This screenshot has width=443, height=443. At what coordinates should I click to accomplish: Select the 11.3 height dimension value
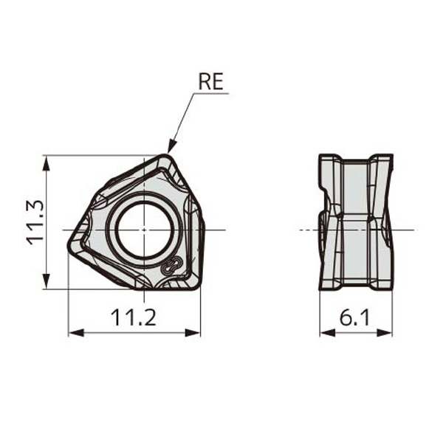(x=35, y=222)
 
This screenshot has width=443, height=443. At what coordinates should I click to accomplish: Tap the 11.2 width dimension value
(x=134, y=318)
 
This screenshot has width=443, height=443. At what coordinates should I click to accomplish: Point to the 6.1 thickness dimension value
(x=356, y=318)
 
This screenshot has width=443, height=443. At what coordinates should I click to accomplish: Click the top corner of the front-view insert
(x=165, y=156)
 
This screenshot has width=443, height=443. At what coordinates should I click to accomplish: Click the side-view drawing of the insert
(x=355, y=222)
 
